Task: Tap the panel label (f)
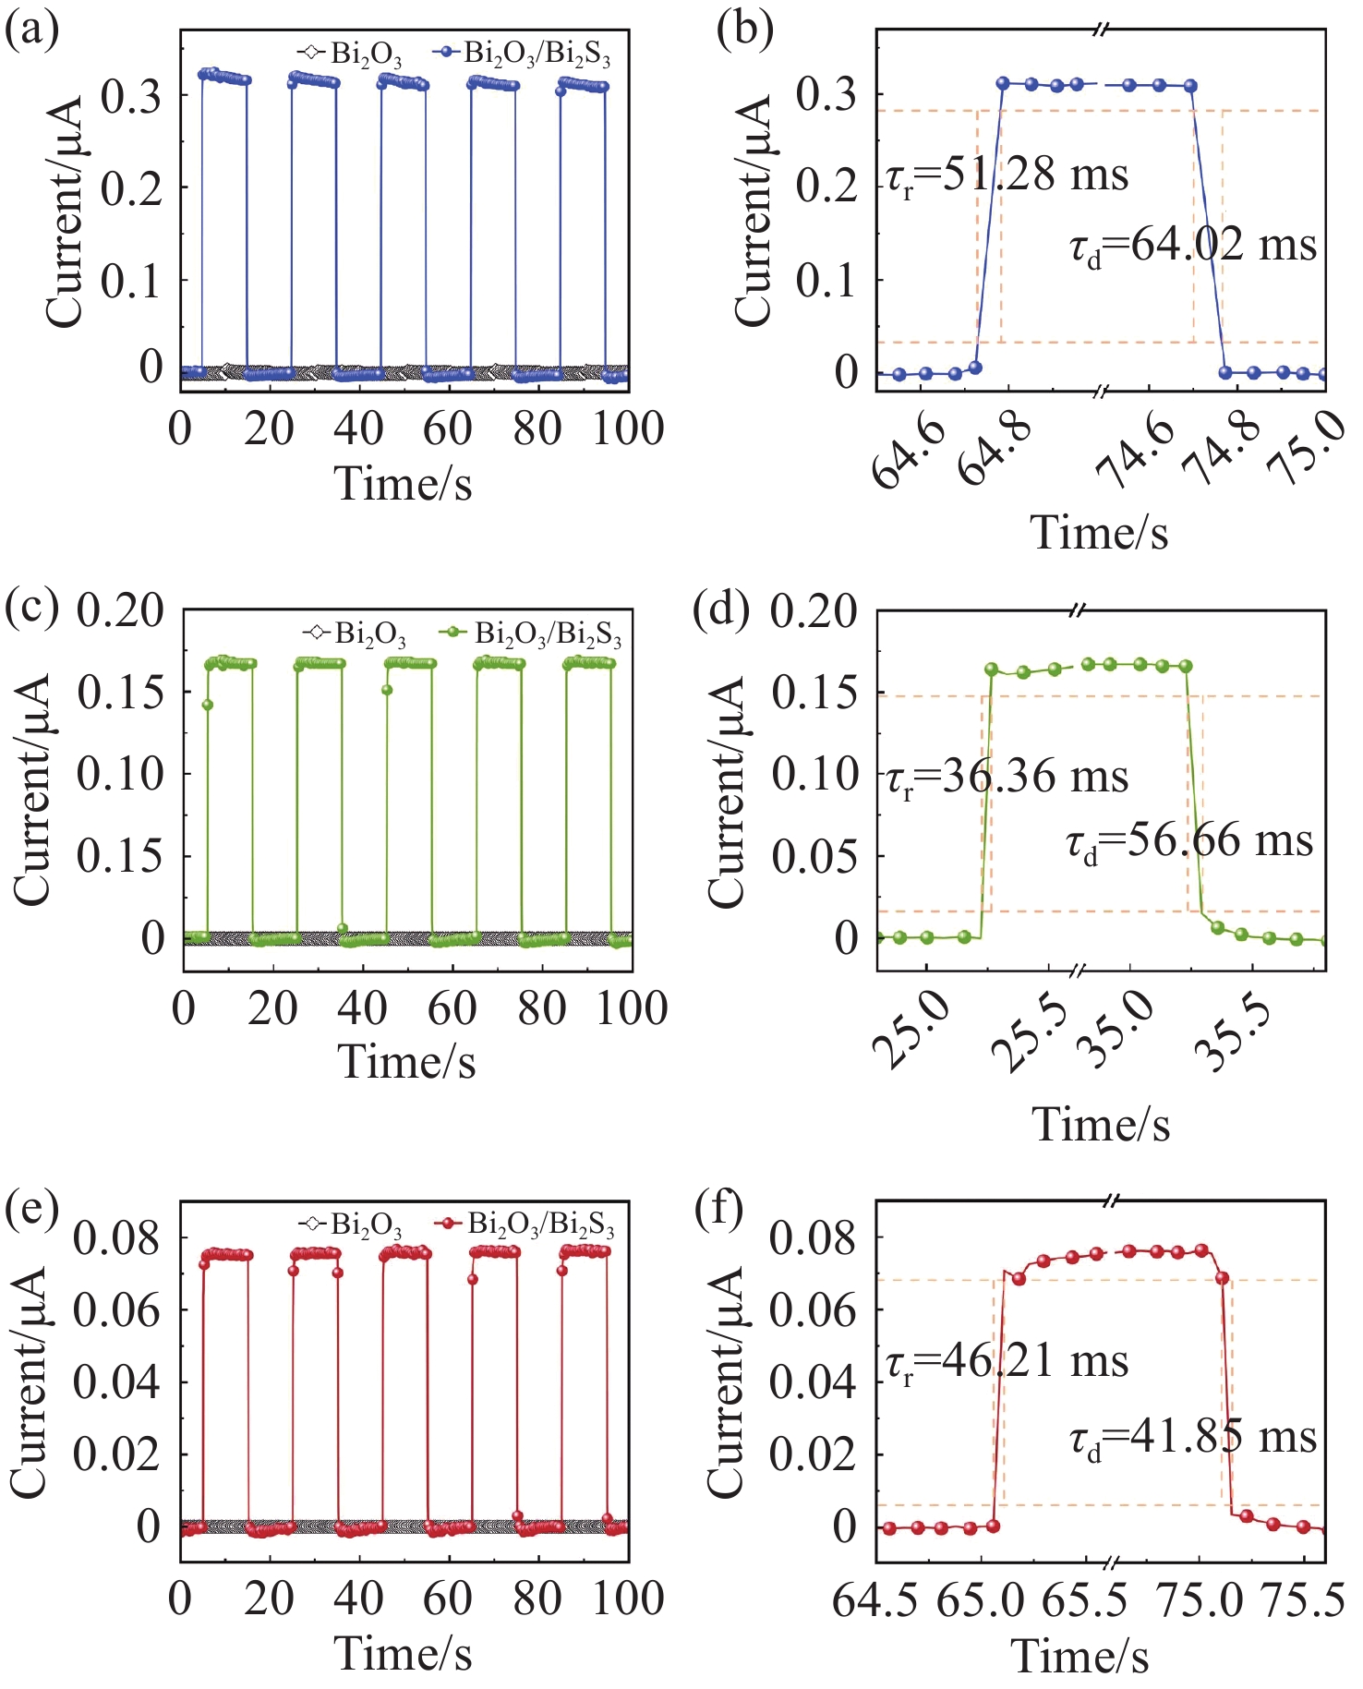(x=719, y=1210)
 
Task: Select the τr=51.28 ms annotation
(x=1007, y=175)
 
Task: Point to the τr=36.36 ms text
(x=1007, y=776)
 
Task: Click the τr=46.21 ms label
(x=1007, y=1362)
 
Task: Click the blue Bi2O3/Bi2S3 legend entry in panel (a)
(x=523, y=54)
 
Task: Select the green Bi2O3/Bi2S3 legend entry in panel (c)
(x=532, y=634)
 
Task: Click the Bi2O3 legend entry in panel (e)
(x=352, y=1225)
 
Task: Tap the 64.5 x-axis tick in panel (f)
(x=875, y=1600)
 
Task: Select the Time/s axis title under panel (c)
(x=406, y=1061)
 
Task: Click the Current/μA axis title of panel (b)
(x=754, y=212)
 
